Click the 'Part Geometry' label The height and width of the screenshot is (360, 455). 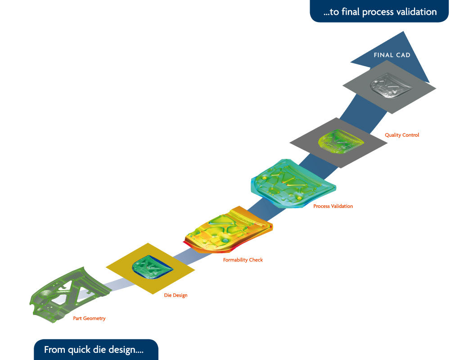click(x=89, y=318)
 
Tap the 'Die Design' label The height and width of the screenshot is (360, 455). click(x=176, y=295)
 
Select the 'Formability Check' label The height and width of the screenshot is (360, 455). click(x=243, y=260)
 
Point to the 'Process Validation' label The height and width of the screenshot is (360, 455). click(x=333, y=206)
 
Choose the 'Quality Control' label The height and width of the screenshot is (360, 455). click(x=402, y=135)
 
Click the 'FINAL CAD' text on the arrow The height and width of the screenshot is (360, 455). click(x=392, y=55)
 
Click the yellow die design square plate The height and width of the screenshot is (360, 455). click(x=150, y=269)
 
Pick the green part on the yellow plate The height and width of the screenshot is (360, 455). click(x=153, y=267)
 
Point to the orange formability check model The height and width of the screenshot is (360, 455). click(x=229, y=230)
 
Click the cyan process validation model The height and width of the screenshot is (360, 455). click(x=293, y=183)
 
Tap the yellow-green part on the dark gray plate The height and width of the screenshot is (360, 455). click(x=341, y=141)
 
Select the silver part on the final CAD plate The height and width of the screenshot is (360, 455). click(x=391, y=85)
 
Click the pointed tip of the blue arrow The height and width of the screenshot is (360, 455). click(x=403, y=31)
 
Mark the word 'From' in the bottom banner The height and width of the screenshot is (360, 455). click(x=55, y=350)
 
